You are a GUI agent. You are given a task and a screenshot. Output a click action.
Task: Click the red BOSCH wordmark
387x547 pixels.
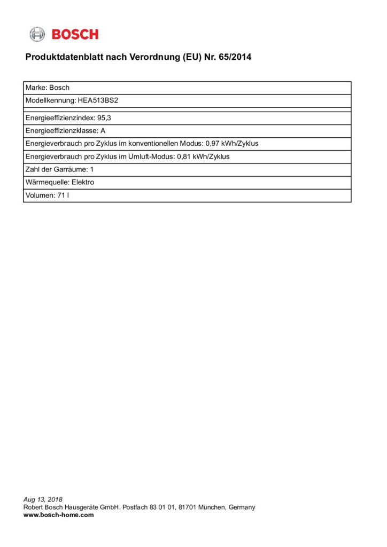click(x=75, y=34)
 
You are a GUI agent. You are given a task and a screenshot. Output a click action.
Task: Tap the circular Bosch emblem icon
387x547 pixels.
click(x=37, y=34)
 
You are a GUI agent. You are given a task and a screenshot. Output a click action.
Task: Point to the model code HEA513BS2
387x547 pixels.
click(x=94, y=100)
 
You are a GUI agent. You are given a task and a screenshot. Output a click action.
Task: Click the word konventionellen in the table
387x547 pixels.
click(x=153, y=144)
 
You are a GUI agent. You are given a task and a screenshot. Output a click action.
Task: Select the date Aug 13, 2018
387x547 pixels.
click(x=43, y=499)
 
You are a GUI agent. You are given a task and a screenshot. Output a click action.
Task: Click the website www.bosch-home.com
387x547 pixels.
click(x=58, y=515)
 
